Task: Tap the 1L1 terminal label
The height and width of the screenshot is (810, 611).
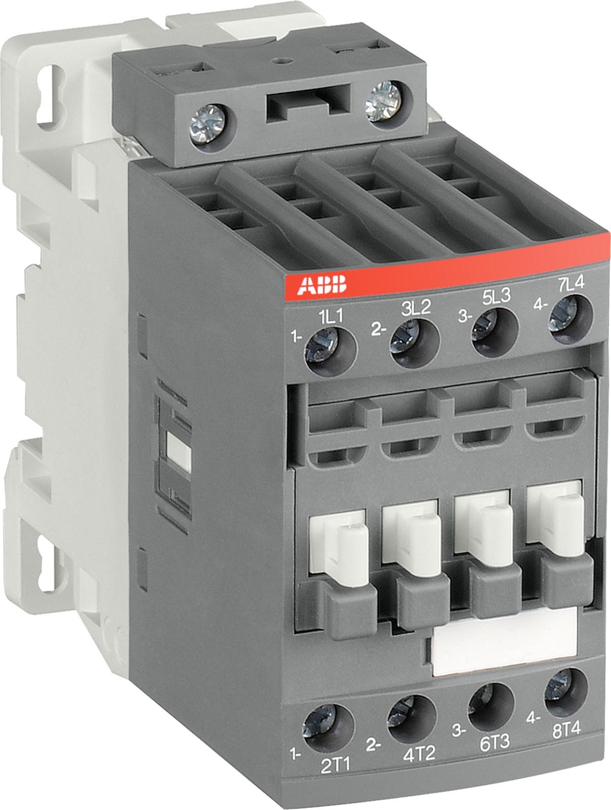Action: click(331, 318)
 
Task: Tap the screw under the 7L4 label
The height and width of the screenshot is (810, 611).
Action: click(565, 316)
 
